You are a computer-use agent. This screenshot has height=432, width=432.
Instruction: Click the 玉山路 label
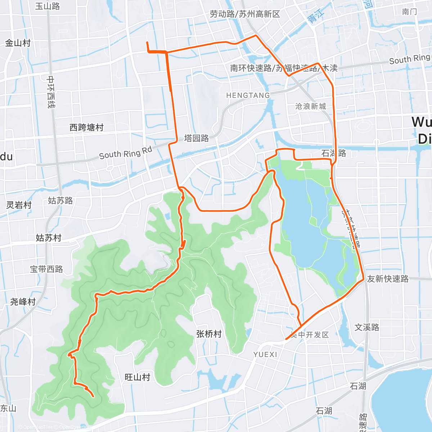(x=48, y=6)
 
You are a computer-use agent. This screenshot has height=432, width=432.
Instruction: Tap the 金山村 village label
(x=18, y=43)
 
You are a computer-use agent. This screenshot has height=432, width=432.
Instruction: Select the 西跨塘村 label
(x=86, y=127)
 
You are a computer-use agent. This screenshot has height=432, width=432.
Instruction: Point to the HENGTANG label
(x=248, y=95)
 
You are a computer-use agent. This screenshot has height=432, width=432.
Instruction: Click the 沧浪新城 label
(x=310, y=106)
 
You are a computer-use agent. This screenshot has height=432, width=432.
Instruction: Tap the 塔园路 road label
(x=197, y=138)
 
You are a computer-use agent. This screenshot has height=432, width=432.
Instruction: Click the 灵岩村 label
(x=19, y=205)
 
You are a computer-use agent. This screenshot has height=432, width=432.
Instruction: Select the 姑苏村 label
(x=49, y=238)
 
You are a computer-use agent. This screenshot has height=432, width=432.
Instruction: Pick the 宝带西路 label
(x=46, y=269)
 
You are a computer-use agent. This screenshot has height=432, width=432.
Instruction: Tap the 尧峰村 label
(x=23, y=302)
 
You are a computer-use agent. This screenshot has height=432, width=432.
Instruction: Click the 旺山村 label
(x=137, y=377)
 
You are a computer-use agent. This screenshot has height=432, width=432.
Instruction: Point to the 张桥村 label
(x=209, y=334)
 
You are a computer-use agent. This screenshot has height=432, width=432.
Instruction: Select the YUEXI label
(x=265, y=355)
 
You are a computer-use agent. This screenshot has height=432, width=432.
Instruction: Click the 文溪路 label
(x=367, y=327)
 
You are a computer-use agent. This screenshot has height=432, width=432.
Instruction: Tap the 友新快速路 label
(x=388, y=279)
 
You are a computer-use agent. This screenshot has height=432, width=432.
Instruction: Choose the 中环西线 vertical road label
(x=51, y=92)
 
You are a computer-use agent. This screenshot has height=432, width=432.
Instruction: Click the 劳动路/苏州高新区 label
(x=245, y=14)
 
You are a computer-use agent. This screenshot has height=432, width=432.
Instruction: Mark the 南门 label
(x=410, y=12)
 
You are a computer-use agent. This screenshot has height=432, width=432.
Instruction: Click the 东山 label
(x=8, y=408)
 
